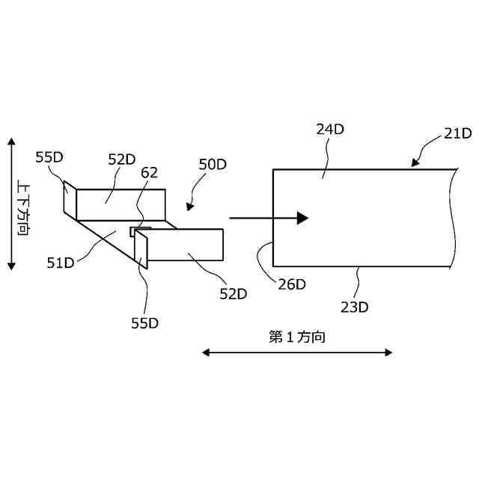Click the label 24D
click(x=329, y=129)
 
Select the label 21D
click(x=457, y=134)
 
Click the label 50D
click(x=213, y=165)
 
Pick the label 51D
click(x=61, y=262)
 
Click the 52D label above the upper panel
click(x=121, y=159)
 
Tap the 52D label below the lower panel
click(x=233, y=294)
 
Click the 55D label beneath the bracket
click(x=145, y=323)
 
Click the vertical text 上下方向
click(x=25, y=204)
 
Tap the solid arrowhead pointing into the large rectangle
click(x=302, y=218)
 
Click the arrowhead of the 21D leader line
click(x=413, y=162)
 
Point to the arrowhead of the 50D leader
click(x=189, y=207)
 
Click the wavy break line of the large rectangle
click(x=454, y=217)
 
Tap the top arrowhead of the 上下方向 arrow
click(x=10, y=142)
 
